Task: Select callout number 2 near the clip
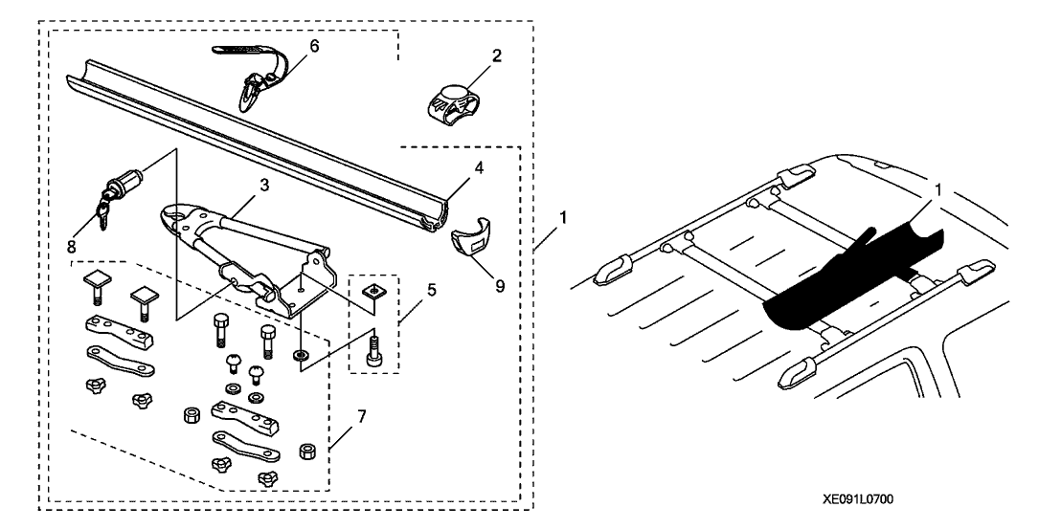pos(496,56)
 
